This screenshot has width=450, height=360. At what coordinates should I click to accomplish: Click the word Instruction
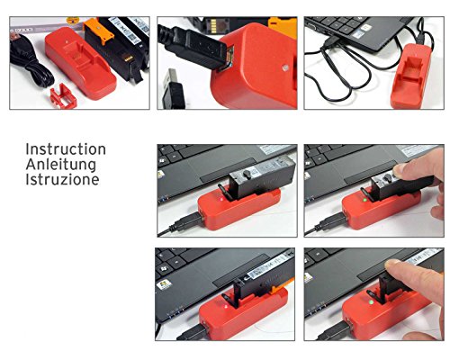point(66,148)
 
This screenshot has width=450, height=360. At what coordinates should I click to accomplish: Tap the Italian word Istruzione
point(62,179)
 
